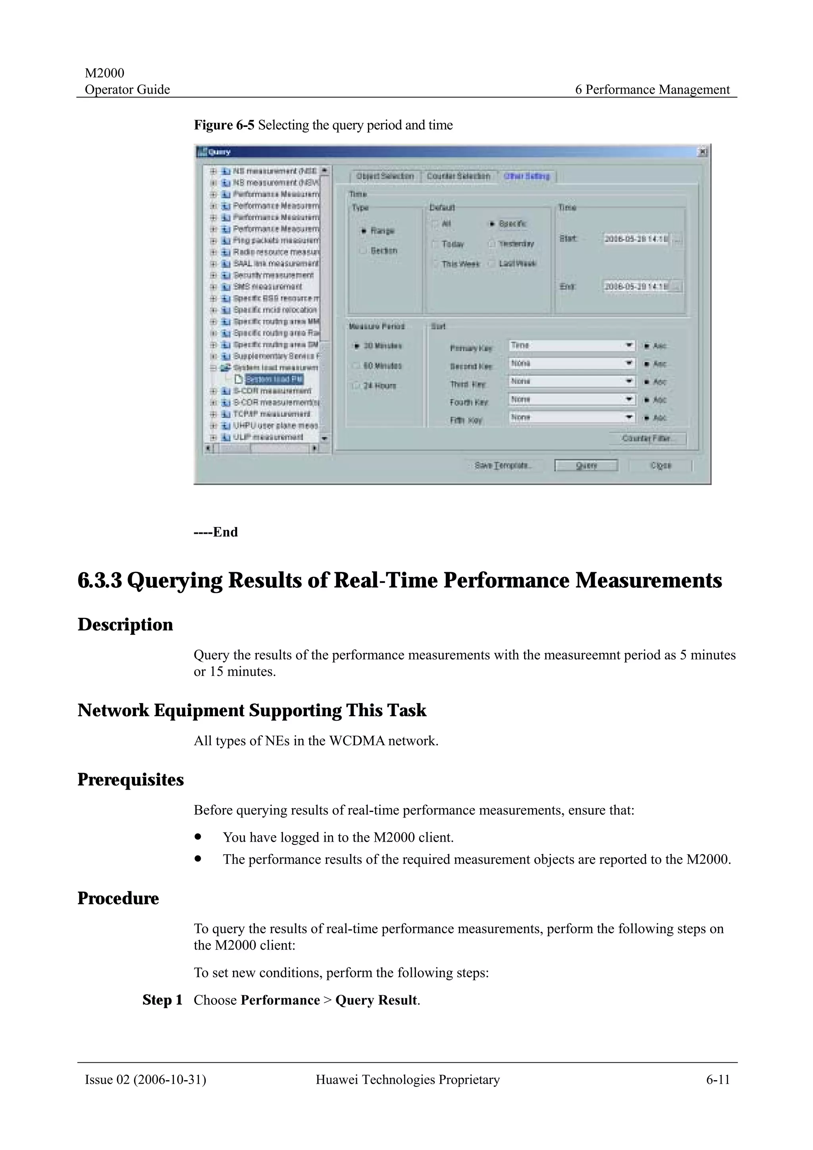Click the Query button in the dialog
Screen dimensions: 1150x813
[x=586, y=465]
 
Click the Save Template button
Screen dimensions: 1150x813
[x=503, y=465]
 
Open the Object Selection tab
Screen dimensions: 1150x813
[x=385, y=176]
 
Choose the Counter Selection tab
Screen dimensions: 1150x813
[x=459, y=176]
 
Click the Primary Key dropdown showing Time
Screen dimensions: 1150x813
[x=572, y=346]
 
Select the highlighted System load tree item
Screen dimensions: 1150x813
[x=274, y=379]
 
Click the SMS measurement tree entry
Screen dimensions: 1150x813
[x=268, y=287]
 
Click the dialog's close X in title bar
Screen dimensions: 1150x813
[x=703, y=152]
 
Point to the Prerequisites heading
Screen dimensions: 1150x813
[x=131, y=780]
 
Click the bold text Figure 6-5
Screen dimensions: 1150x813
[x=224, y=125]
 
